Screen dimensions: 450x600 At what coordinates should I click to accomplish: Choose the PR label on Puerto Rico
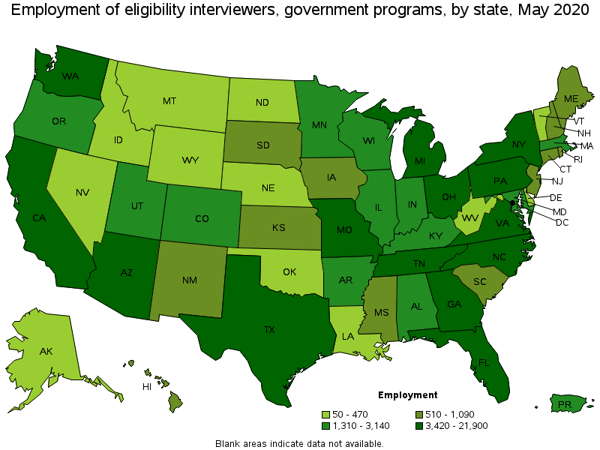pyautogui.click(x=565, y=405)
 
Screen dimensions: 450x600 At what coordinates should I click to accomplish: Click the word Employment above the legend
pyautogui.click(x=407, y=395)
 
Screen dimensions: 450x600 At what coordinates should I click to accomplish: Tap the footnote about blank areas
pyautogui.click(x=299, y=443)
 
